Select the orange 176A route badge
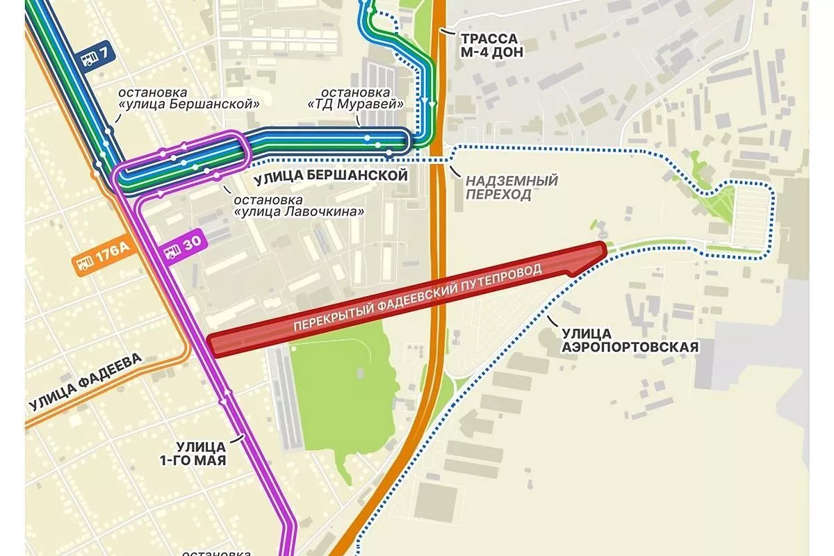pyautogui.click(x=101, y=261)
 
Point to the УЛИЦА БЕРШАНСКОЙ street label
pyautogui.click(x=330, y=176)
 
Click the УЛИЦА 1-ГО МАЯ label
pyautogui.click(x=200, y=452)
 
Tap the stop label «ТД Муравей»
pyautogui.click(x=356, y=98)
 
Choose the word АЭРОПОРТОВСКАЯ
pyautogui.click(x=647, y=346)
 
